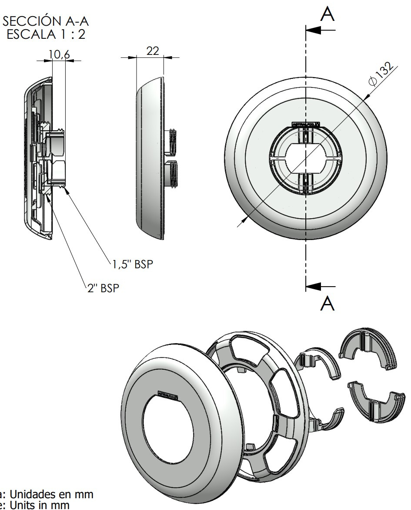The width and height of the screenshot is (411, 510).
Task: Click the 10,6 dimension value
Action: point(59,54)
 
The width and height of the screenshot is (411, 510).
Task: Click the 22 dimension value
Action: point(152,51)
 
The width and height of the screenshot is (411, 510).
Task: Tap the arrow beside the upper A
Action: point(320,30)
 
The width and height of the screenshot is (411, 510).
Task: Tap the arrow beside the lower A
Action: point(320,286)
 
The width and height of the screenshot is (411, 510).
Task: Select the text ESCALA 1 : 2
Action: point(48,34)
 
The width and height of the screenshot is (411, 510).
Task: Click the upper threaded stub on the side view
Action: point(171,141)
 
